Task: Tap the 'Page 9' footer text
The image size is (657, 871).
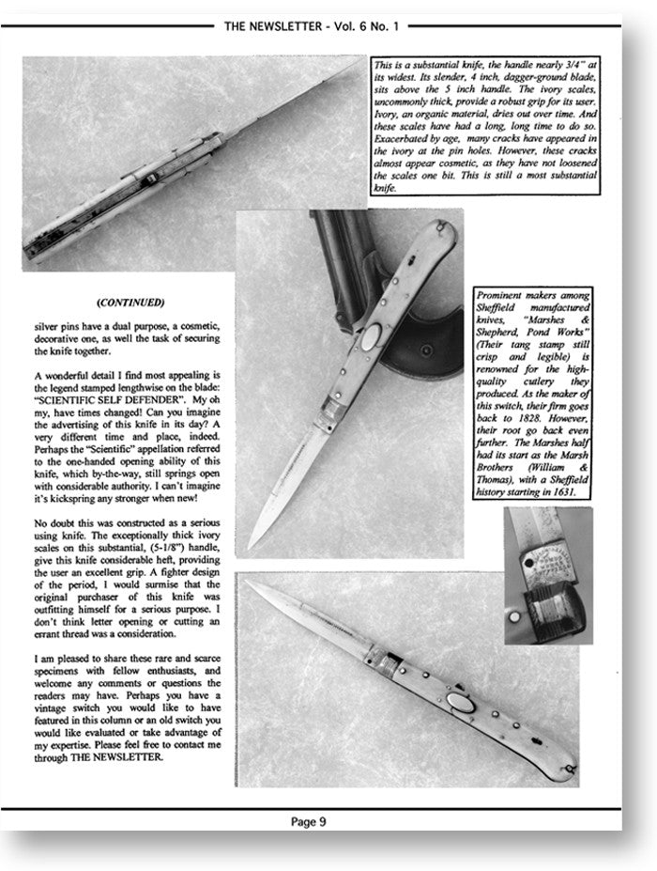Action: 308,820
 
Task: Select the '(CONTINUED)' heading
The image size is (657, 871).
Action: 131,303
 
